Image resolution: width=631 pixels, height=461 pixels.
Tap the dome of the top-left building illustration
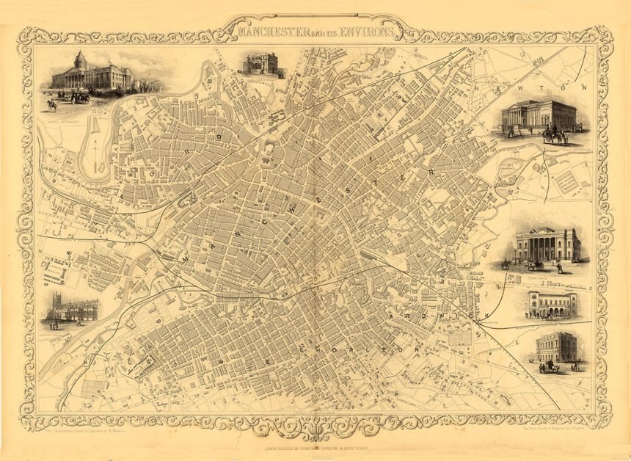pos(80,59)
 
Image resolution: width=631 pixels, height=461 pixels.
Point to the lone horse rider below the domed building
pos(52,105)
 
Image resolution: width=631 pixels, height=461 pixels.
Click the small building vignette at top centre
pos(263,64)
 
